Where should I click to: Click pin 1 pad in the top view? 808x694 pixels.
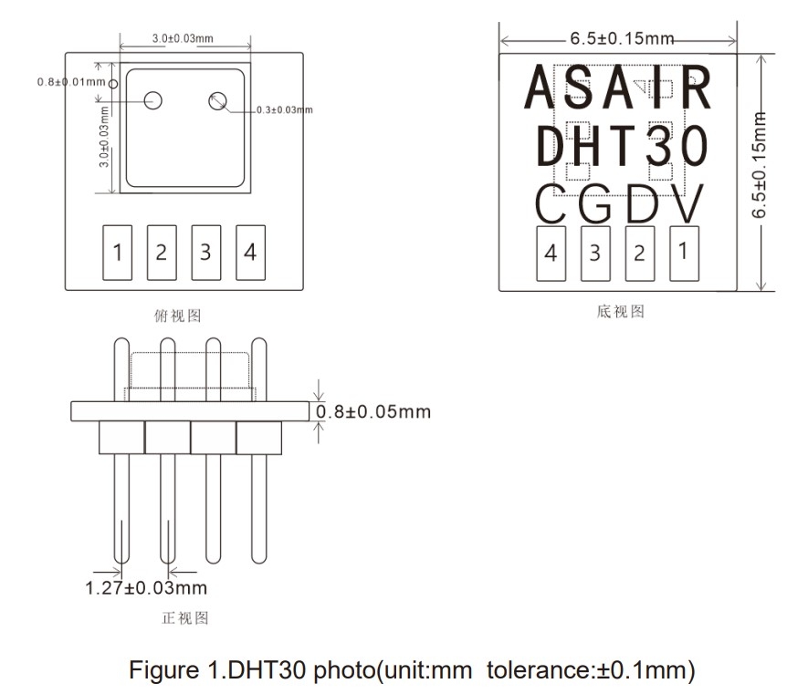(x=117, y=253)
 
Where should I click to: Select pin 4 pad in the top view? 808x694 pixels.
(x=250, y=253)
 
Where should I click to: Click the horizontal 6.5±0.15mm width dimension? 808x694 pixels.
(x=621, y=38)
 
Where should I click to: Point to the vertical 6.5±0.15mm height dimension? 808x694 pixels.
(x=758, y=164)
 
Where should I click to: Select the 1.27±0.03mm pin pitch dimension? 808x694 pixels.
(x=146, y=587)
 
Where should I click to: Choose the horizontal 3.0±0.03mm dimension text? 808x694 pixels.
(x=183, y=38)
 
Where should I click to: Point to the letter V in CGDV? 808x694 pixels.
(x=686, y=205)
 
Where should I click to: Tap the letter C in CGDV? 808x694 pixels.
(x=551, y=205)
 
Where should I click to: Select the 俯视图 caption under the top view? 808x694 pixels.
(x=178, y=316)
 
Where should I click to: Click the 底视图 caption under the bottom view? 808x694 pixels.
(x=621, y=312)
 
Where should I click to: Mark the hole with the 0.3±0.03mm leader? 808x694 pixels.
(x=217, y=101)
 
